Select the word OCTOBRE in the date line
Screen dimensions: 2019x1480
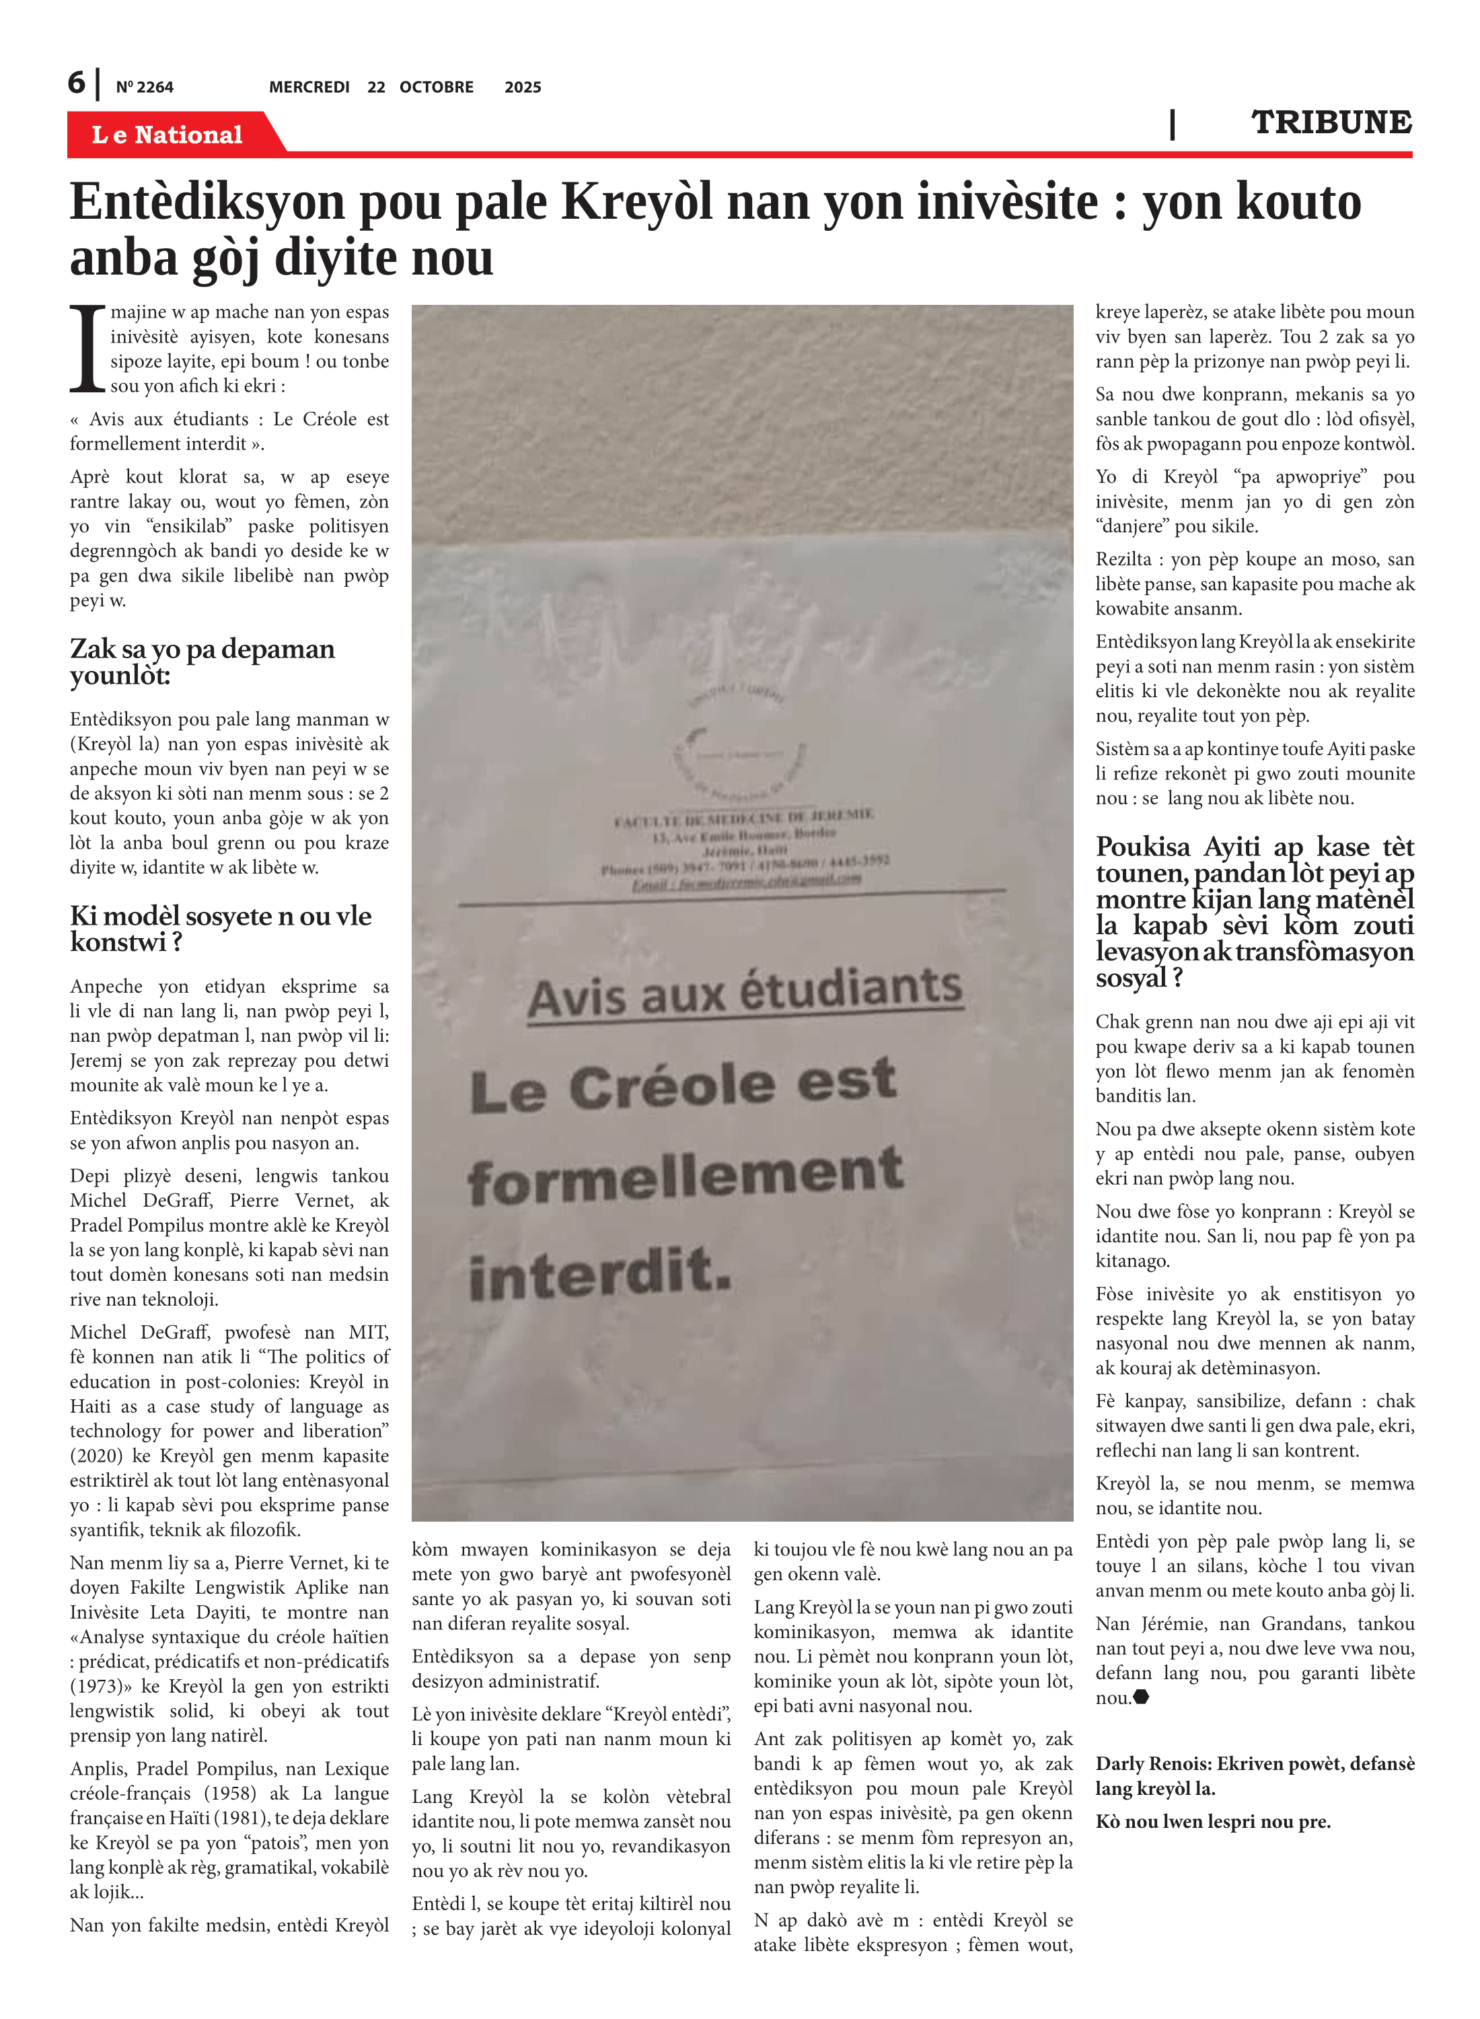pos(437,87)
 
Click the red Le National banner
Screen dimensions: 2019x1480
pos(168,135)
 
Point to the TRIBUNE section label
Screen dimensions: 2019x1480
pos(1331,122)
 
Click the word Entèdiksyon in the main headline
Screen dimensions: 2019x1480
pos(207,202)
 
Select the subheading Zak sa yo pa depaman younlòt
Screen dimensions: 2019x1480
pos(202,662)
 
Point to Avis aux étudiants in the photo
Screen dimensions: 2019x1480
pos(745,992)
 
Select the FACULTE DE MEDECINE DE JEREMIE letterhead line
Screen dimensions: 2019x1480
pos(743,817)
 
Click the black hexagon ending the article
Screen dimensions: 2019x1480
pos(1142,1697)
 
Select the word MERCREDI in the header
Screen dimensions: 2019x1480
pos(309,87)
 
